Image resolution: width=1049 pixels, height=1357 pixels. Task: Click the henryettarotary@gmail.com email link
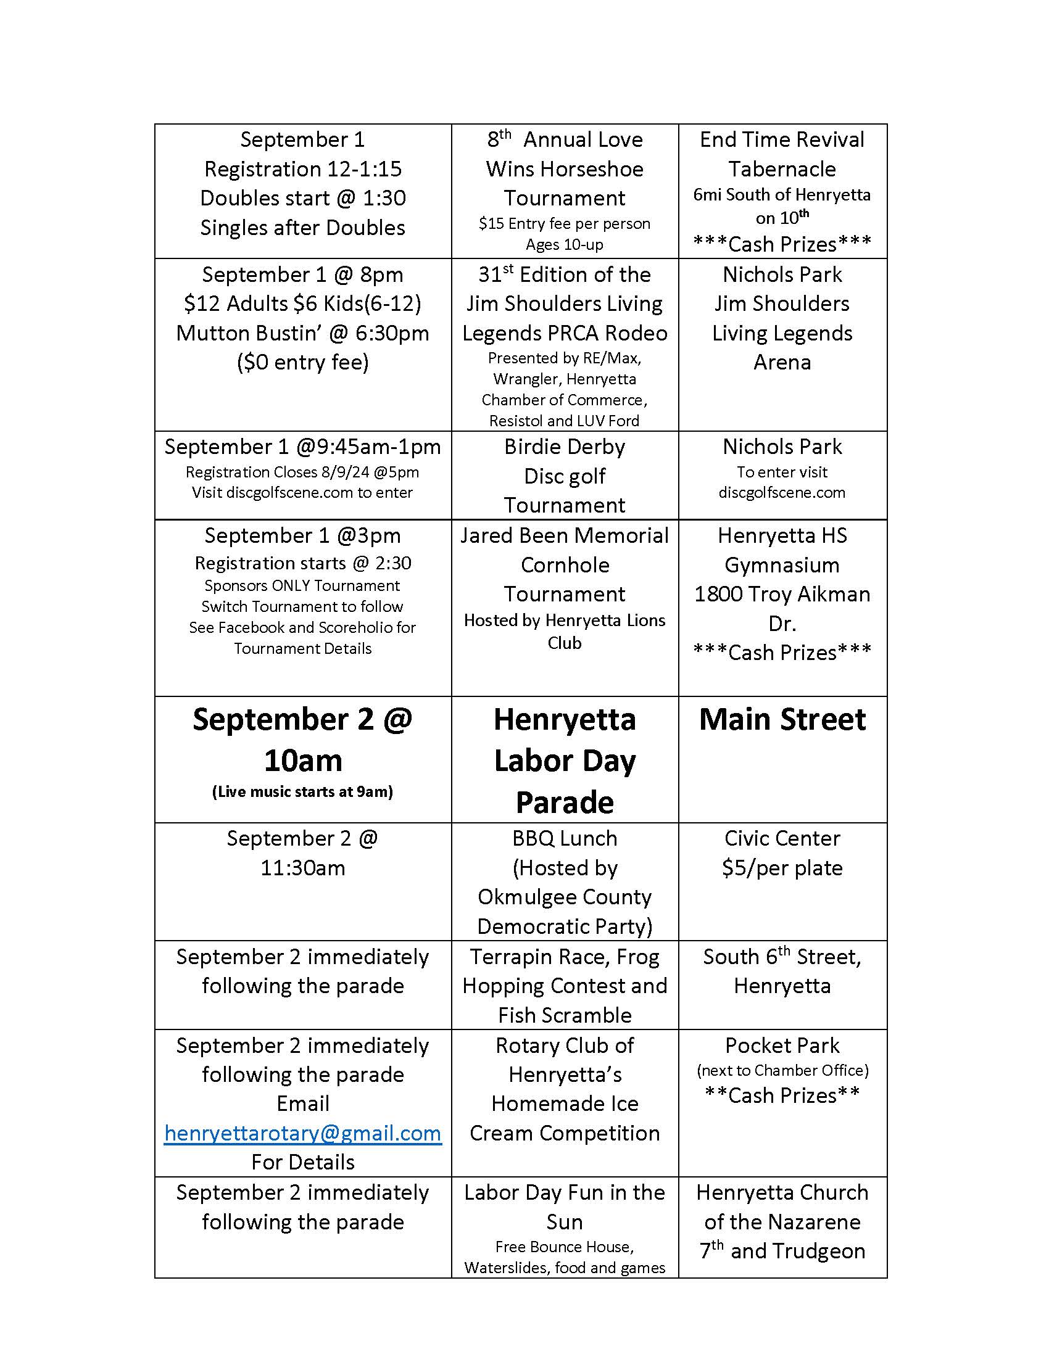pyautogui.click(x=302, y=1132)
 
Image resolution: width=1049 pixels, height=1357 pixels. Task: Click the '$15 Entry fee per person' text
pyautogui.click(x=564, y=224)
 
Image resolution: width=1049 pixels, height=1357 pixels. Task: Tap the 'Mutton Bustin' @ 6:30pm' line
pyautogui.click(x=302, y=333)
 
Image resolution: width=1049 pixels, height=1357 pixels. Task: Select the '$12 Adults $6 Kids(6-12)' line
pyautogui.click(x=302, y=303)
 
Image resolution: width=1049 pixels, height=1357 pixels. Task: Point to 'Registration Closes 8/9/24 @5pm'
pyautogui.click(x=302, y=472)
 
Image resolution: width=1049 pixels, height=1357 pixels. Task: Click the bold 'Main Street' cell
pyautogui.click(x=782, y=719)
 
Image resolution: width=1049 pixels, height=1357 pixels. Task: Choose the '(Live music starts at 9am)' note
pyautogui.click(x=302, y=791)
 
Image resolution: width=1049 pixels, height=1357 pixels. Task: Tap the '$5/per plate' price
pyautogui.click(x=782, y=867)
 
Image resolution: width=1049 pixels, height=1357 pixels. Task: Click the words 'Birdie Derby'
pyautogui.click(x=564, y=447)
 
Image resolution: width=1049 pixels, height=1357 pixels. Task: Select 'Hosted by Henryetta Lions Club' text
pyautogui.click(x=564, y=630)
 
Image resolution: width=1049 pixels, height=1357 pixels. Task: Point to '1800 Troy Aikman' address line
pyautogui.click(x=782, y=594)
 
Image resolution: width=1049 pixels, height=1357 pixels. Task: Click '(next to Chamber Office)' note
pyautogui.click(x=782, y=1070)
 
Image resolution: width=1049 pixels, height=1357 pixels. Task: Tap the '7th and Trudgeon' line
pyautogui.click(x=782, y=1251)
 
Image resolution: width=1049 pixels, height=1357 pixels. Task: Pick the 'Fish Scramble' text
pyautogui.click(x=564, y=1015)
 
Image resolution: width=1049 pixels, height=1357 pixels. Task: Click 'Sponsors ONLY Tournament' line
pyautogui.click(x=302, y=585)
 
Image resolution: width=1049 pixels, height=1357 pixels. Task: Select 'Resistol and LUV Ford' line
pyautogui.click(x=564, y=421)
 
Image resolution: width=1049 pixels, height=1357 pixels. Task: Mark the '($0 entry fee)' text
pyautogui.click(x=302, y=362)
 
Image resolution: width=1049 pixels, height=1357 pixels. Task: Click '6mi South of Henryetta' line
pyautogui.click(x=782, y=194)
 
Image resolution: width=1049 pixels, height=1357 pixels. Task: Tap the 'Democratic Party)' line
pyautogui.click(x=564, y=926)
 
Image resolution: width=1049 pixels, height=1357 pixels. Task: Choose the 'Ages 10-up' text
pyautogui.click(x=564, y=244)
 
